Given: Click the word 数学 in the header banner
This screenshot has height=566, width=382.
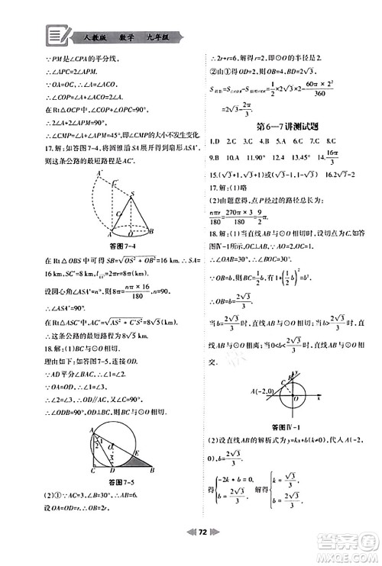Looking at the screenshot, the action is pos(130,35).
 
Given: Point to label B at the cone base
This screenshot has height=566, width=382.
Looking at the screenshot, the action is pos(154,232).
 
